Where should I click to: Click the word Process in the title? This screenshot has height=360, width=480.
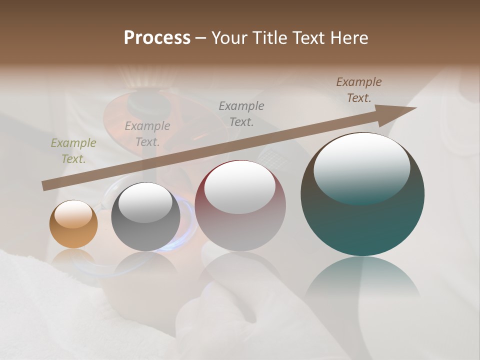coord(157,38)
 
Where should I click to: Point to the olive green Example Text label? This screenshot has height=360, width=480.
coord(73,151)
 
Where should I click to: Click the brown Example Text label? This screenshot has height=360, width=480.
coord(359,90)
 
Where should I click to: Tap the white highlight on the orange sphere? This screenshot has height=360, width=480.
coord(73,213)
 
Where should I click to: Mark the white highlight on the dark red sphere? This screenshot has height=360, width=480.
coord(240,186)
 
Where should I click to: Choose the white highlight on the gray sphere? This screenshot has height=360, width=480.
coord(145,202)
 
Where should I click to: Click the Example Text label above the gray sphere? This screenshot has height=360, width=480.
coord(147,134)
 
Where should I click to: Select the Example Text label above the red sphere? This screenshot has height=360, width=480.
coord(241,113)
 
